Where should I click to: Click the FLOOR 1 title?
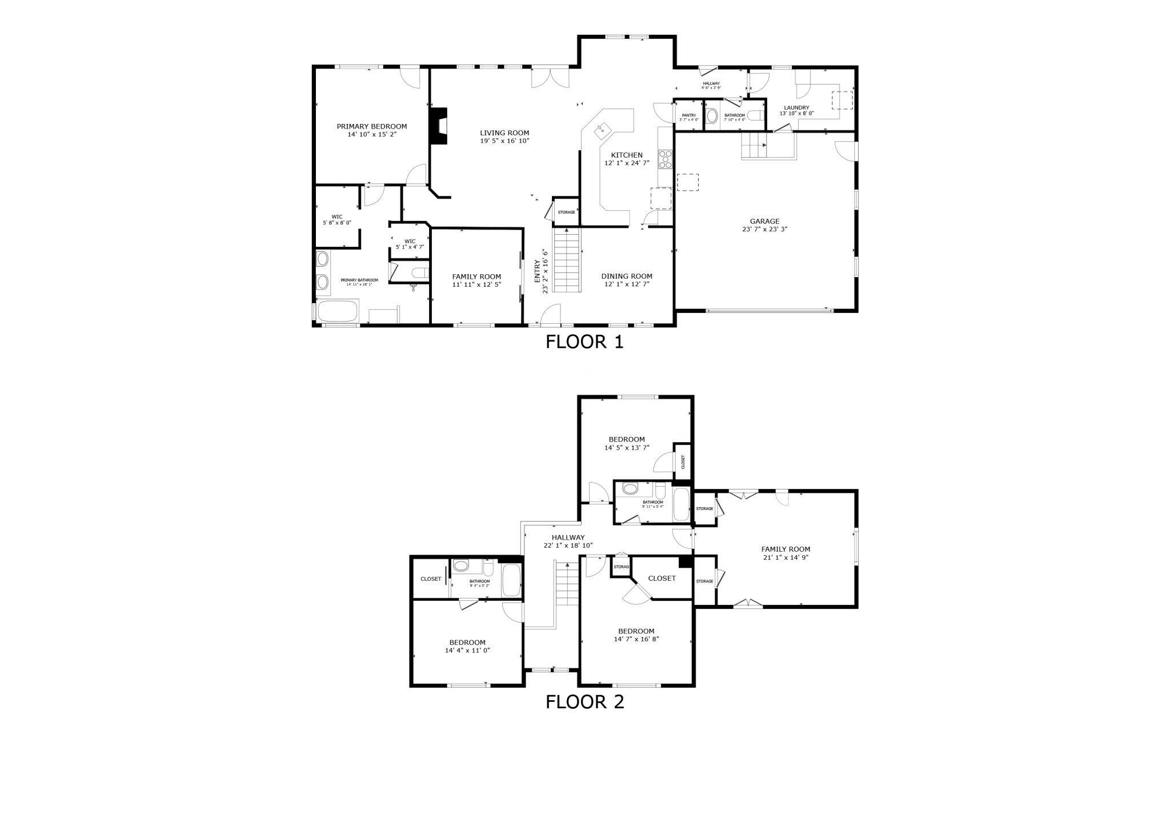(x=584, y=342)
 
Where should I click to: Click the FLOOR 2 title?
(x=584, y=701)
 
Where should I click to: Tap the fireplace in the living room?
(x=438, y=126)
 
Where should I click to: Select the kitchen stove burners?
(x=666, y=159)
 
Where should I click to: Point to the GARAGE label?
(x=764, y=221)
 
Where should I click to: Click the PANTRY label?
(x=688, y=115)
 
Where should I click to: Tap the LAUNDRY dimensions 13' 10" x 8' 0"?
(x=796, y=114)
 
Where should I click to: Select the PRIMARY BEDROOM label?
(x=371, y=126)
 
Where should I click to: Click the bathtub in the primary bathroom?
(x=337, y=312)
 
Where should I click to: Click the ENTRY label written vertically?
(x=537, y=271)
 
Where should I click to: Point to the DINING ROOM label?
(x=627, y=276)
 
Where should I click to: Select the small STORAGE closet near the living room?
(x=566, y=212)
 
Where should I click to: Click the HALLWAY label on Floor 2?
(x=568, y=537)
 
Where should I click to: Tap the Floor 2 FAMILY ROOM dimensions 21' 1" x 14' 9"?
(x=786, y=557)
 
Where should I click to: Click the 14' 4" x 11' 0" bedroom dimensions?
(x=467, y=650)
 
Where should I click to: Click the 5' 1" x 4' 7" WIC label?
(x=410, y=247)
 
